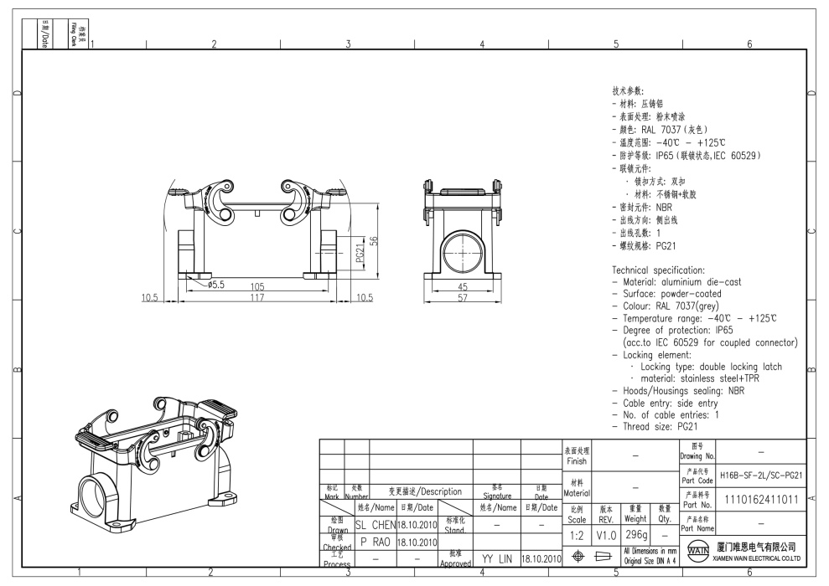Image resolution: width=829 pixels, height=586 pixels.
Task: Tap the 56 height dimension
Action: [375, 240]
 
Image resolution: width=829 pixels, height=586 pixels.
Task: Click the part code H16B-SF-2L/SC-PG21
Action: [762, 475]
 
